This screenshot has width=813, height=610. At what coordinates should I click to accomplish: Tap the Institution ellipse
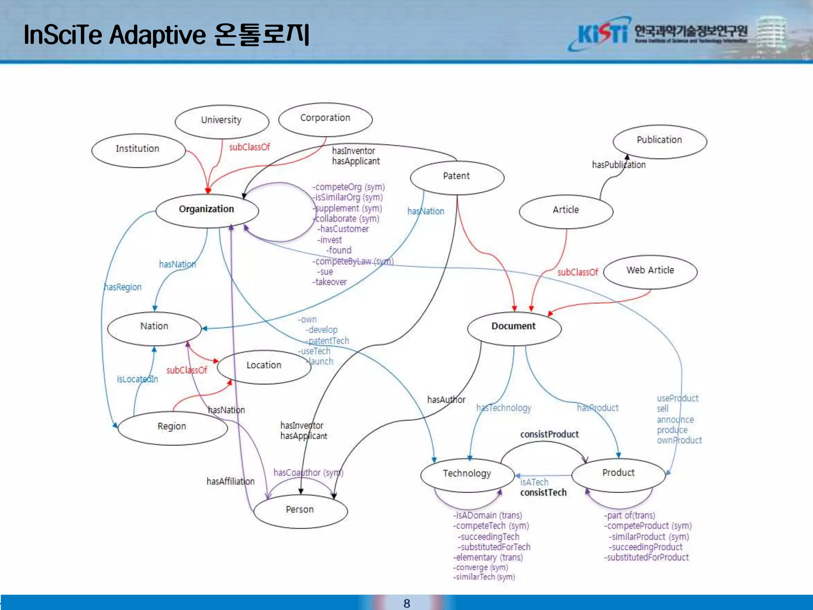tap(138, 150)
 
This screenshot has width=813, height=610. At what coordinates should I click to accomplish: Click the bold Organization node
tap(206, 210)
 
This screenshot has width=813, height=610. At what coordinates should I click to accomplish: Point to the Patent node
tap(457, 177)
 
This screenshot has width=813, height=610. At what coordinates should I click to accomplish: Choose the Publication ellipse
tap(659, 141)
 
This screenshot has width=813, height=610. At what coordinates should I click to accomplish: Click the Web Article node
tap(650, 271)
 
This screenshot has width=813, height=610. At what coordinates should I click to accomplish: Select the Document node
tap(514, 327)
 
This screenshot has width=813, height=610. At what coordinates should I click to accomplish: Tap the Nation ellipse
tap(154, 327)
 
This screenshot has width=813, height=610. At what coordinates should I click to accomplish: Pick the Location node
tap(264, 366)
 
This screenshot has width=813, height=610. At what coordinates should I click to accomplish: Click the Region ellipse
tap(172, 427)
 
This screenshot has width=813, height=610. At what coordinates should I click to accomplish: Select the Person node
tap(300, 510)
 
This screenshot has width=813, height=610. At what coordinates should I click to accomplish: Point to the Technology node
tap(467, 475)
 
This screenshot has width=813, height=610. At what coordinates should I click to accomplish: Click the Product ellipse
tap(618, 474)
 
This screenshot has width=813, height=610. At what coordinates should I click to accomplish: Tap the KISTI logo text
tap(603, 34)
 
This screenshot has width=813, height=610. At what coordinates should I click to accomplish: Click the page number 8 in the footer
tap(406, 603)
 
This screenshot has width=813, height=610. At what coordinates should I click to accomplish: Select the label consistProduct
tap(549, 434)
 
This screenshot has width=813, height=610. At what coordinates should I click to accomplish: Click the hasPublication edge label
tap(618, 165)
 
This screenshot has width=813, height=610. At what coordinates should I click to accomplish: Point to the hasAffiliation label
tap(230, 481)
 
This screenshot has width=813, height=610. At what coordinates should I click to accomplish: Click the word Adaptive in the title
tap(158, 35)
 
